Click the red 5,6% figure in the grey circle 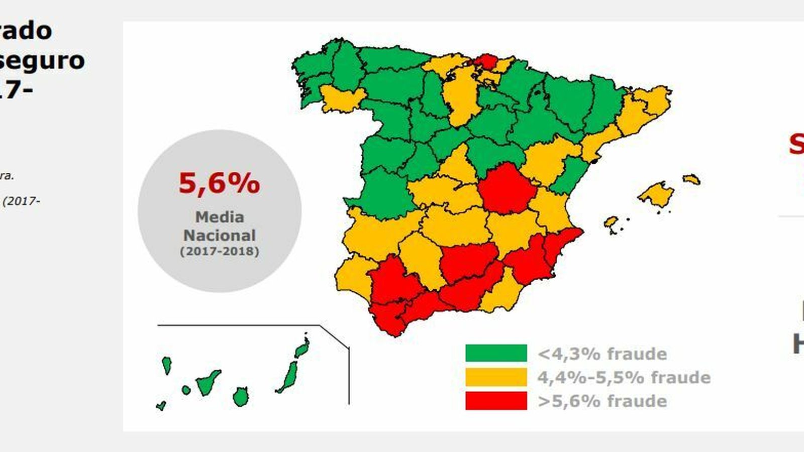pyautogui.click(x=219, y=183)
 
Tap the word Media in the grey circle pyautogui.click(x=220, y=217)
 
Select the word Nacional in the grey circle pyautogui.click(x=220, y=235)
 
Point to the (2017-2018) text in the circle pyautogui.click(x=220, y=251)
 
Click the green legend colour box pyautogui.click(x=496, y=353)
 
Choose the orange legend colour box pyautogui.click(x=496, y=377)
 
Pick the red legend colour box pyautogui.click(x=496, y=401)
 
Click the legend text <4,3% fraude pyautogui.click(x=602, y=354)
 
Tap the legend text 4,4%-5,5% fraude pyautogui.click(x=624, y=377)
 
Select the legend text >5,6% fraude pyautogui.click(x=602, y=401)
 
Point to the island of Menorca pyautogui.click(x=691, y=179)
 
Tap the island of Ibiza pyautogui.click(x=611, y=222)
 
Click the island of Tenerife pyautogui.click(x=207, y=384)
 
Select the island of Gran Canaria pyautogui.click(x=241, y=397)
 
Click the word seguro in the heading pyautogui.click(x=43, y=60)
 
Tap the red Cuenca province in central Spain pyautogui.click(x=505, y=188)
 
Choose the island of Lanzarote pyautogui.click(x=303, y=348)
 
